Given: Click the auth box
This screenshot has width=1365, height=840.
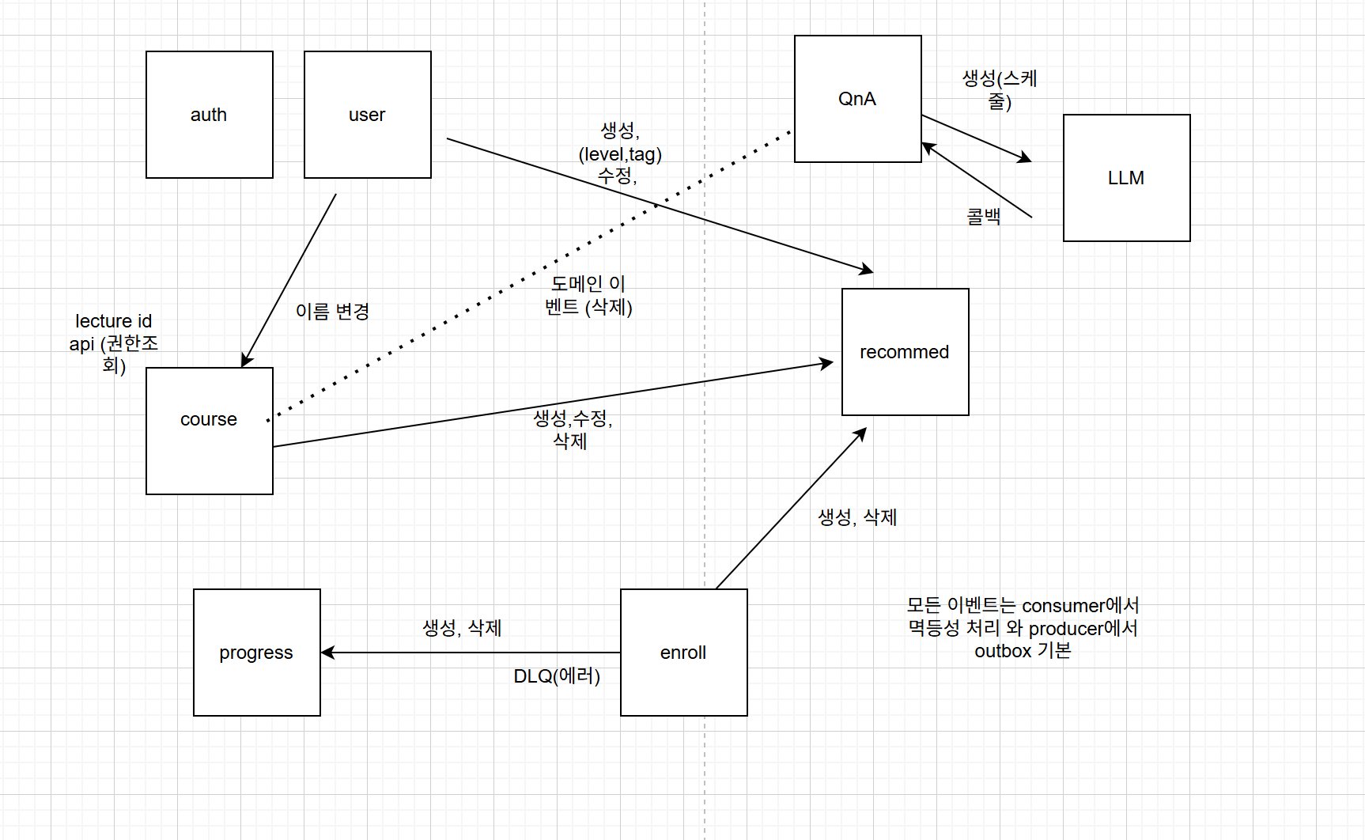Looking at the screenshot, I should coord(210,115).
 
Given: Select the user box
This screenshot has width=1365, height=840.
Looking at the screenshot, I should coord(368,115).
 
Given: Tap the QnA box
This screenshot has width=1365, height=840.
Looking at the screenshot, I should coord(858,99).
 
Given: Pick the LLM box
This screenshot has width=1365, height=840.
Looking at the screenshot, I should coord(1127,178).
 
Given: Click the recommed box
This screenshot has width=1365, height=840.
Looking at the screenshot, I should coord(906,352).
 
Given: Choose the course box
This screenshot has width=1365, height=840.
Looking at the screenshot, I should coord(210,431).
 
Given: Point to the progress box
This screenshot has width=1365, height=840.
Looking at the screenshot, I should coord(257,653).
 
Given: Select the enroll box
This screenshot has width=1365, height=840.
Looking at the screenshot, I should coord(684,653).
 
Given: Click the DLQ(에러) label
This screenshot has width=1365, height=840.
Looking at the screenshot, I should coord(557,676).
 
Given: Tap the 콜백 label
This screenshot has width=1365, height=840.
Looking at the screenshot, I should coord(984,216).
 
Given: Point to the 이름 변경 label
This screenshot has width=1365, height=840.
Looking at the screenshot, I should coord(332,311).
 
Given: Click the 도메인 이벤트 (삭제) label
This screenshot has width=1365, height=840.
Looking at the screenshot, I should coord(588,295).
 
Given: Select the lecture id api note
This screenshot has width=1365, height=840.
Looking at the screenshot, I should coord(114,343).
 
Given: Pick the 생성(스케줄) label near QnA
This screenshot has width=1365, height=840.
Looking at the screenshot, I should coord(1000,89).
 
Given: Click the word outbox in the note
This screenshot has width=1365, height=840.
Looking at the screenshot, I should coord(1003,651).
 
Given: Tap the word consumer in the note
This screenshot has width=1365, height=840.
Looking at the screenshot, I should coord(1063,606).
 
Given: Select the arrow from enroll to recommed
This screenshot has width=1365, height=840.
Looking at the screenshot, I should coord(791,509).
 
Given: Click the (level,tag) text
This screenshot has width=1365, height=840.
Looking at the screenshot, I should coord(620,154).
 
